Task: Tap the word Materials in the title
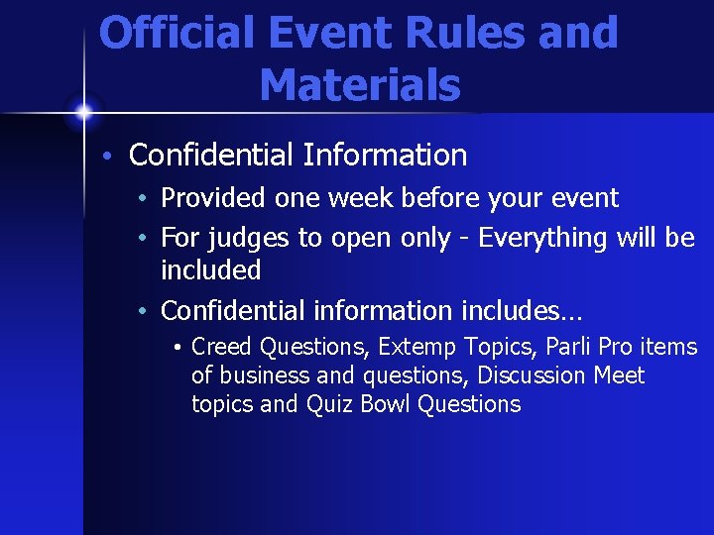[360, 85]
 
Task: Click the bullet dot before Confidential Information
[114, 157]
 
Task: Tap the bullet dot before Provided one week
[145, 199]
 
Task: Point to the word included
[210, 270]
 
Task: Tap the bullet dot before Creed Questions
[177, 349]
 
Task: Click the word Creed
[222, 347]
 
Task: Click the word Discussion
[535, 375]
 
